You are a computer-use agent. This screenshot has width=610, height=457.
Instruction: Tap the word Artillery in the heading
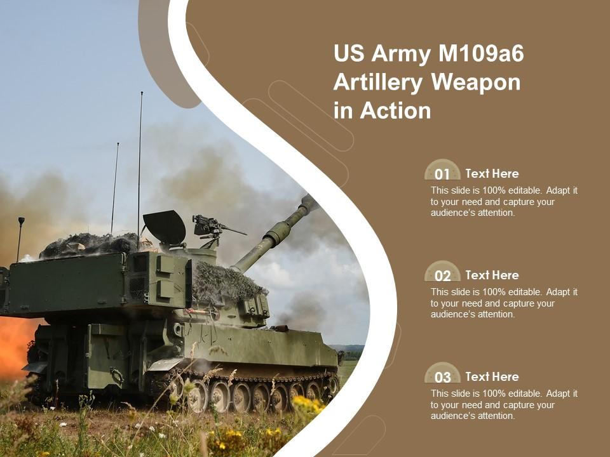point(378,83)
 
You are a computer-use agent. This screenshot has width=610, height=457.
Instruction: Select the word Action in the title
point(395,110)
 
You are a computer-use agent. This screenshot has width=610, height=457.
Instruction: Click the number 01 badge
point(442,173)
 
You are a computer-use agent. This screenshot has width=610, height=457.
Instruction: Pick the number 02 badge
point(442,275)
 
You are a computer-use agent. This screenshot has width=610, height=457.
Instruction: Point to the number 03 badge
point(442,376)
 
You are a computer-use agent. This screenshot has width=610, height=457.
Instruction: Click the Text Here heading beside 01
point(492,173)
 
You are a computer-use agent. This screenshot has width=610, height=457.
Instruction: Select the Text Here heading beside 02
point(492,275)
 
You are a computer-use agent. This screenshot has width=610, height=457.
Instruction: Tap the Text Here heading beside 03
point(492,376)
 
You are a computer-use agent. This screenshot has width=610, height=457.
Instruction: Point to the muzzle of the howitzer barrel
point(309,202)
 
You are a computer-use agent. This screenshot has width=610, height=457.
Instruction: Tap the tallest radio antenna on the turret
point(140,159)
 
